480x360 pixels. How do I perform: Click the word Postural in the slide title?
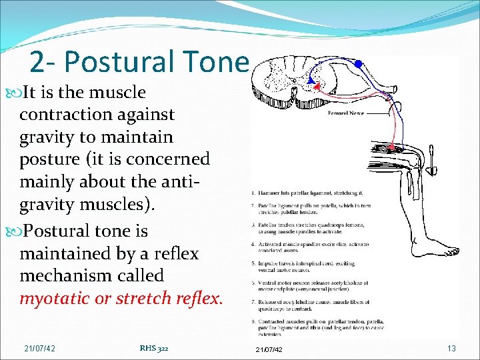pyautogui.click(x=120, y=62)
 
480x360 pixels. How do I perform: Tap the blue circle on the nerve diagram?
pyautogui.click(x=358, y=64)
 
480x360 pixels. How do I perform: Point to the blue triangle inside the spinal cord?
pyautogui.click(x=311, y=80)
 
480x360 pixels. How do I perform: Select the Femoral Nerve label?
pyautogui.click(x=346, y=114)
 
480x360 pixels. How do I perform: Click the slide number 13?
pyautogui.click(x=451, y=349)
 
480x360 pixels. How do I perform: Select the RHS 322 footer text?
pyautogui.click(x=154, y=347)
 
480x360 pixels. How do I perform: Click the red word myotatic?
pyautogui.click(x=55, y=299)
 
